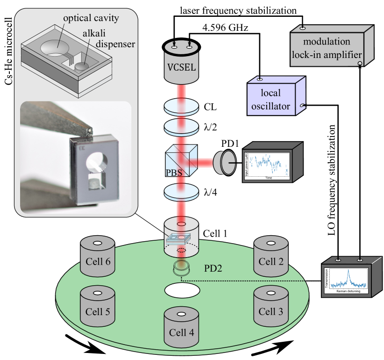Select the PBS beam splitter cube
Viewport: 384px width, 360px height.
(x=182, y=160)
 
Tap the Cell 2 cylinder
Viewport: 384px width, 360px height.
(x=270, y=258)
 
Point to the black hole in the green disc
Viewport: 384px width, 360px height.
(x=182, y=290)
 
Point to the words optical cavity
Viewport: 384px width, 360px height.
(x=92, y=19)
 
